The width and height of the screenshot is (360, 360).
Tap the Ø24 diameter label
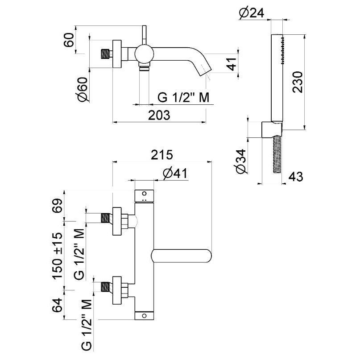[252, 13]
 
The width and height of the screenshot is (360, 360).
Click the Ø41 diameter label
[173, 174]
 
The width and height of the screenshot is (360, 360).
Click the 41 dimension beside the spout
[231, 65]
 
